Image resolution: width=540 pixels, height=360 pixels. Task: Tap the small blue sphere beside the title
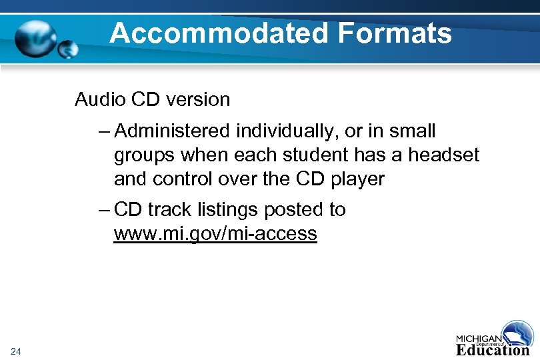pos(69,49)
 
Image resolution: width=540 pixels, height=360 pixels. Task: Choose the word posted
pos(295,209)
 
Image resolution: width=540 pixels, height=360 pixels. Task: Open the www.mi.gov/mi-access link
pos(215,234)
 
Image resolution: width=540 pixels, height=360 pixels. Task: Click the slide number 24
pos(17,351)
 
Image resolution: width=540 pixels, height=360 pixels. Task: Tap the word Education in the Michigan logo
pos(493,349)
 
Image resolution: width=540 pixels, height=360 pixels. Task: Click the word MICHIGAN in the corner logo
pos(479,337)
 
